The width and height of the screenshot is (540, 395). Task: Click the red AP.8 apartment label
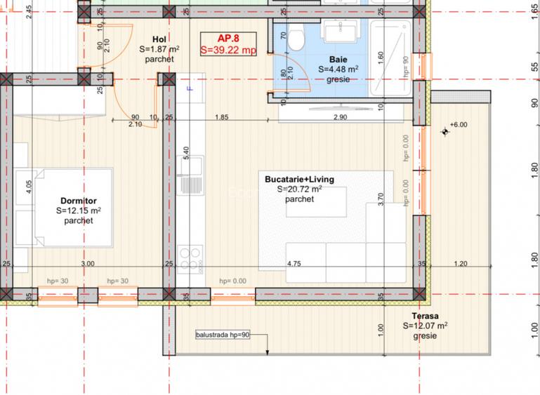(x=228, y=39)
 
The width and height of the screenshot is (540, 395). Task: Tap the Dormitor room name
(x=79, y=200)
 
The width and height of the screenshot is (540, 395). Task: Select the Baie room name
(x=338, y=60)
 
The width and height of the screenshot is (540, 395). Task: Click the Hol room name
(x=159, y=39)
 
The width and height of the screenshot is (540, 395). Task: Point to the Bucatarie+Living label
(x=299, y=179)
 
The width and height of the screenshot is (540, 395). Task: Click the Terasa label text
(x=426, y=316)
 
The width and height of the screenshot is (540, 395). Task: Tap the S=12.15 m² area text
(x=79, y=210)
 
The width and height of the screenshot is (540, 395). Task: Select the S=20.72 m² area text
(x=299, y=189)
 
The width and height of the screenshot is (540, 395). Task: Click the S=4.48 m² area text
(x=338, y=69)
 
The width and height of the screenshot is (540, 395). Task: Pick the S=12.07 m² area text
(x=426, y=326)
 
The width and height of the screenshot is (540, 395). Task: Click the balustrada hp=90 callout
(x=223, y=335)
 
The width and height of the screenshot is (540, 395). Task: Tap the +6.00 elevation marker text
(x=459, y=125)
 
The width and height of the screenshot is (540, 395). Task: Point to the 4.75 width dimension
(x=294, y=264)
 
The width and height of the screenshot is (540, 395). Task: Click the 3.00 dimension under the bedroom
(x=87, y=264)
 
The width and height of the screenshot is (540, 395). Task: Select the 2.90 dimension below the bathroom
(x=341, y=116)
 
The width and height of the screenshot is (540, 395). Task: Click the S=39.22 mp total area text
(x=228, y=51)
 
